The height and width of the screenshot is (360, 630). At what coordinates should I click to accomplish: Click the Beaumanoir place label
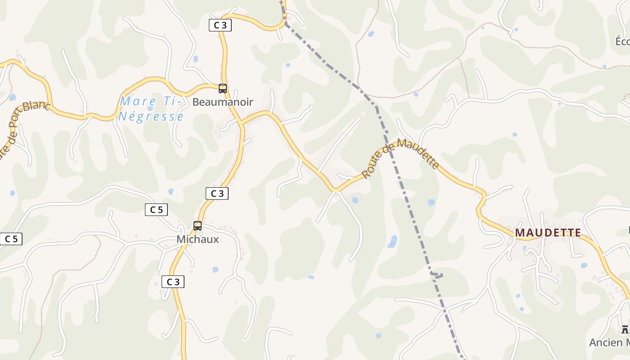[223, 102]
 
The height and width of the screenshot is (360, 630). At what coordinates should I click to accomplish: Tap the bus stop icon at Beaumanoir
[223, 88]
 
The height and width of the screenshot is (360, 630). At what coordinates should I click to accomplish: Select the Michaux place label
[198, 239]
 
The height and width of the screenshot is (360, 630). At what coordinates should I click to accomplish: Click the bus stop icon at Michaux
[198, 226]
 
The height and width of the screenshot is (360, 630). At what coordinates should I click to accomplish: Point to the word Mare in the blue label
[138, 101]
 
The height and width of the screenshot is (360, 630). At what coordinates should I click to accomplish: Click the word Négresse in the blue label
[151, 117]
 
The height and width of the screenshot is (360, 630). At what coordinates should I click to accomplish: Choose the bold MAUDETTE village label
[548, 233]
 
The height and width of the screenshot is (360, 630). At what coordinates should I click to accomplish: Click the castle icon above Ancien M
[625, 329]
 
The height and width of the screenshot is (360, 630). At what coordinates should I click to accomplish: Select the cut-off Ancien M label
[609, 342]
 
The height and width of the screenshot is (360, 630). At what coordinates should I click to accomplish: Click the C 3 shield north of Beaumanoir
[220, 25]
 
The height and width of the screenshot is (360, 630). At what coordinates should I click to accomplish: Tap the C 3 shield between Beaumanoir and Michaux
[217, 193]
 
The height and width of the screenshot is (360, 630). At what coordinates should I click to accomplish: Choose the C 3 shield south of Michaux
[173, 282]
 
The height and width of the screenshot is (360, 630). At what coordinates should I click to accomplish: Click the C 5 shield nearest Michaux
[156, 209]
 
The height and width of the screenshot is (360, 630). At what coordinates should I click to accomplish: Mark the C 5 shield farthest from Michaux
[11, 239]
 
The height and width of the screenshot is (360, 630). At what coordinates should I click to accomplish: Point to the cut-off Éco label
[622, 41]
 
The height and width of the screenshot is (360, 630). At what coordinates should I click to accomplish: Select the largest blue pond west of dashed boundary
[392, 242]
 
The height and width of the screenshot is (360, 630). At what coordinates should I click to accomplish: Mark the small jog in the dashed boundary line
[436, 274]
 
